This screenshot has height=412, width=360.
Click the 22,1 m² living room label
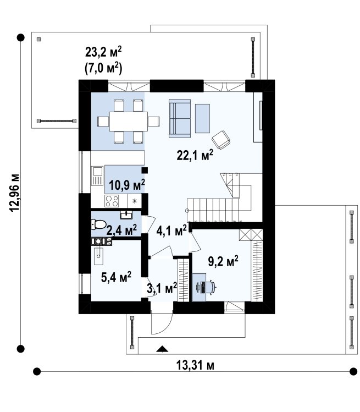tap(195, 155)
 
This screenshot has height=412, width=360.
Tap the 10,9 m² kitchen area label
tap(127, 185)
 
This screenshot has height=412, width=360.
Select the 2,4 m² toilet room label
tap(121, 230)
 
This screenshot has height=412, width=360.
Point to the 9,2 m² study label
tap(223, 261)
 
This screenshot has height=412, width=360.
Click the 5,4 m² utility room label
tap(116, 277)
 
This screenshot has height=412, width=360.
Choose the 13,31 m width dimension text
tap(195, 365)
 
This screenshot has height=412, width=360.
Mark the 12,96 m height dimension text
tap(14, 193)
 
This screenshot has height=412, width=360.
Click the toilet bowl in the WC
tap(98, 224)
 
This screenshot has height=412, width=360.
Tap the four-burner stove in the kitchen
tap(112, 201)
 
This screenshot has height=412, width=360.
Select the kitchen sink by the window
tap(97, 176)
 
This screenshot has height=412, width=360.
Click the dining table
tap(129, 121)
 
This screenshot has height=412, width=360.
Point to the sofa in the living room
tap(180, 118)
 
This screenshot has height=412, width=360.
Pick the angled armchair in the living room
tap(221, 140)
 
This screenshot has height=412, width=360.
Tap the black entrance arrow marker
tap(162, 349)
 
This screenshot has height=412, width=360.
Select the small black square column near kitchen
tap(145, 171)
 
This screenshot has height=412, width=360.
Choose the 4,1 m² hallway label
tap(171, 231)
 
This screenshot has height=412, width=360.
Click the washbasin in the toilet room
tap(126, 215)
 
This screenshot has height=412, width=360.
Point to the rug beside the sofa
tap(202, 118)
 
